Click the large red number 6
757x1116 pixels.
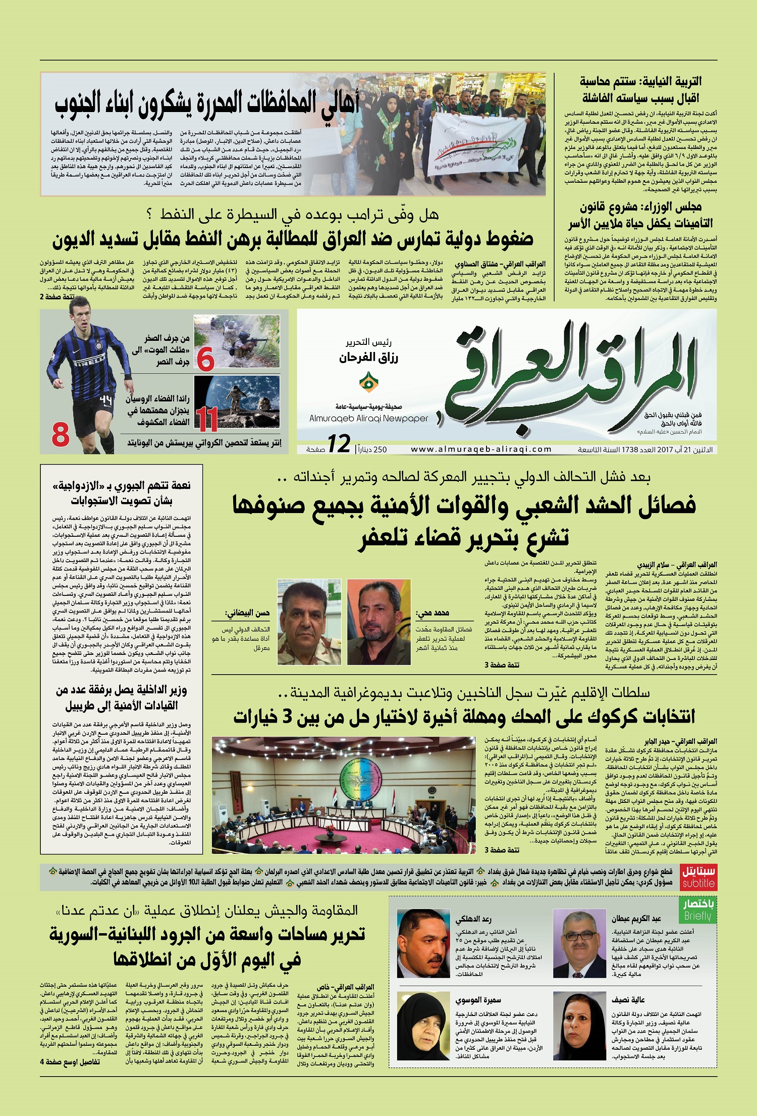point(205,359)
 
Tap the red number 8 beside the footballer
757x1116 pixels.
point(61,435)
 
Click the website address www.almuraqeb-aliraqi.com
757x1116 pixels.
point(481,449)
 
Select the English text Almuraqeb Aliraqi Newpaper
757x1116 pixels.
point(368,418)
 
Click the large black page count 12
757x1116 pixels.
point(339,444)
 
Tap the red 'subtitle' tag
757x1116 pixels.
point(698,883)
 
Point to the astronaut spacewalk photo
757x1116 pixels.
point(237,401)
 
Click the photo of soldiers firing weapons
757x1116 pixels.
point(237,341)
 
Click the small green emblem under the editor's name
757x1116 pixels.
point(368,383)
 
